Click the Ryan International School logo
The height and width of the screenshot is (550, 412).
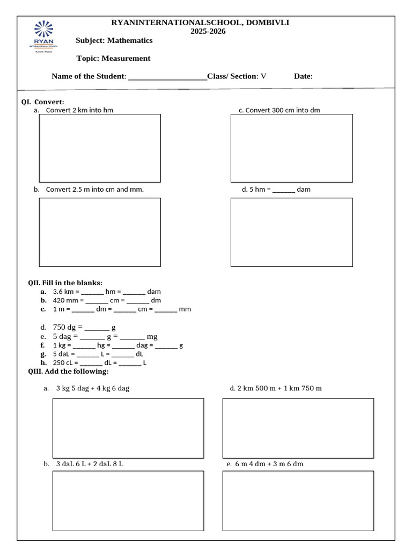point(43,35)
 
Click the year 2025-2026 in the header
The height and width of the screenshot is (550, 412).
point(208,31)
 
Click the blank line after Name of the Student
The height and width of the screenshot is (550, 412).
point(167,77)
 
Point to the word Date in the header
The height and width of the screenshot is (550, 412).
point(303,76)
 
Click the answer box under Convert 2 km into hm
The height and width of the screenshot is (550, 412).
point(100,148)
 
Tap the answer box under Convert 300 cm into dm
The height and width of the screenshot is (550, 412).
point(291,148)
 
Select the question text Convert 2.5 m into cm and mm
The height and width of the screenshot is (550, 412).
point(94,190)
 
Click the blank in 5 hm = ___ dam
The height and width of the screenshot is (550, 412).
point(284,190)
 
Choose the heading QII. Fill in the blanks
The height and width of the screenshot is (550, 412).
point(65,283)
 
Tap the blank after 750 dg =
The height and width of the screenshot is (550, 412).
point(97,328)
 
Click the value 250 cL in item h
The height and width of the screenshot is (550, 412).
point(63,363)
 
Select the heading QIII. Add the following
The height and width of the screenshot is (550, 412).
point(68,371)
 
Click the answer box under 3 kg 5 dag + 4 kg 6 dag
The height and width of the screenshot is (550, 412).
point(128,428)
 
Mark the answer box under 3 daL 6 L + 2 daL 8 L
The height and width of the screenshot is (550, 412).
point(128,500)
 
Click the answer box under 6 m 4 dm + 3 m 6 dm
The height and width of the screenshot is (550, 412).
point(298,500)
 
